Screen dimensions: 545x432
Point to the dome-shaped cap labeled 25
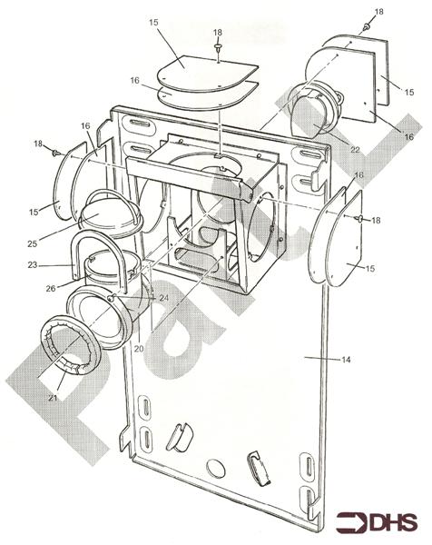coord(106,214)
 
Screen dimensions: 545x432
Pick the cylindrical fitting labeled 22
coord(314,109)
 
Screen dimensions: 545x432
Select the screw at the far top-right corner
coord(365,27)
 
